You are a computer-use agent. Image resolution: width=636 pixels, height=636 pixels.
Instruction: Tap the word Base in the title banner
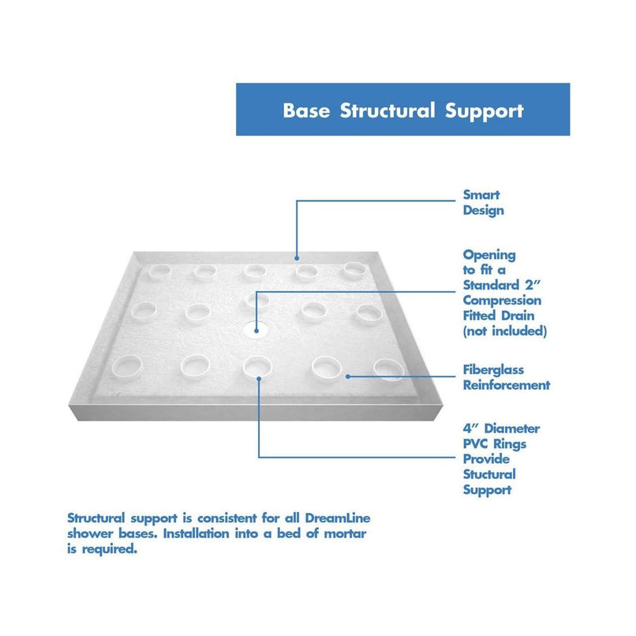point(308,110)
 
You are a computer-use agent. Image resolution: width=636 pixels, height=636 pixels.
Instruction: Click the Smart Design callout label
point(483,203)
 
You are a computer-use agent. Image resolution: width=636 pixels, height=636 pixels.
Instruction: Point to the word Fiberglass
point(493,370)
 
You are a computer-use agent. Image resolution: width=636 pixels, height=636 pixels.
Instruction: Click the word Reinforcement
point(506,385)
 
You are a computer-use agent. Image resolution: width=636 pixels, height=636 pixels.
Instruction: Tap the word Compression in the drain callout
point(502,301)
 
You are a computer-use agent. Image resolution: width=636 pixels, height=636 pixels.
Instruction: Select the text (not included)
point(504,331)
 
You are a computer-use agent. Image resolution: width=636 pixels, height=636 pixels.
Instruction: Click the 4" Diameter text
point(501,428)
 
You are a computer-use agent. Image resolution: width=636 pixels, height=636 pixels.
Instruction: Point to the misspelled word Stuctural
point(489,474)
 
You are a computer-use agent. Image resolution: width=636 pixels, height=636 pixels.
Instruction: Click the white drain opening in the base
point(255,333)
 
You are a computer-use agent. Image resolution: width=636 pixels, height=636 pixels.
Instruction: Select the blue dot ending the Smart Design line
point(297,256)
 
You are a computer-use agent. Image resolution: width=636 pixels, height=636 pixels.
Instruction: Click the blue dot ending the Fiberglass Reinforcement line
point(349,376)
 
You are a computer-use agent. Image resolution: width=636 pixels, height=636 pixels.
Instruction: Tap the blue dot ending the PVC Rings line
point(259,378)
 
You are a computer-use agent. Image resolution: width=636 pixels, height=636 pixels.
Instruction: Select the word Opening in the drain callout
point(489,255)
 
